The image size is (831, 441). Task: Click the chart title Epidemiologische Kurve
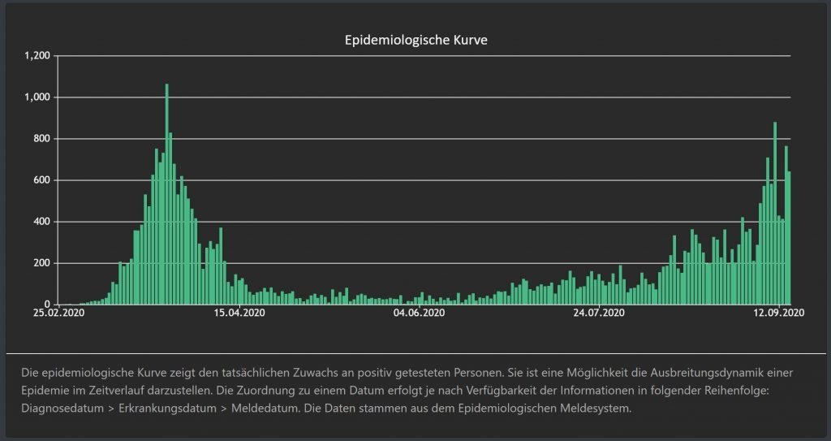415,40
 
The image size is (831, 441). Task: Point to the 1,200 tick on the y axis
37,56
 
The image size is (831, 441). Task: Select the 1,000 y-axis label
37,97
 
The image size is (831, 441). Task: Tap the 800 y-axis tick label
41,139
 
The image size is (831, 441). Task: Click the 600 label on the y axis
41,180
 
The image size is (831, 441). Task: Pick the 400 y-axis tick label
41,222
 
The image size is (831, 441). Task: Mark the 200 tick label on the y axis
41,263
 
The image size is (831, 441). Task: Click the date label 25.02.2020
58,313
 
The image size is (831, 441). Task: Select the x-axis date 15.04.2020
239,313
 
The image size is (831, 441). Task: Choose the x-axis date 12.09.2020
778,313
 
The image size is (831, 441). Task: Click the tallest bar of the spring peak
166,195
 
